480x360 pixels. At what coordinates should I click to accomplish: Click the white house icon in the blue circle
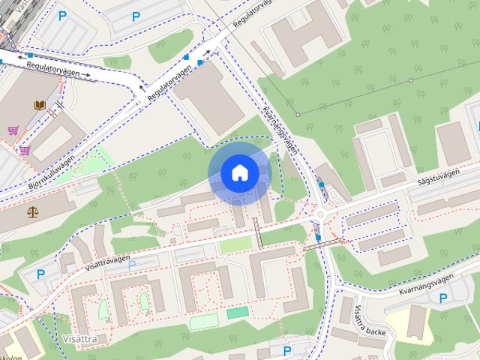click(239, 173)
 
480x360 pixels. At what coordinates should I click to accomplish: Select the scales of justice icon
click(32, 211)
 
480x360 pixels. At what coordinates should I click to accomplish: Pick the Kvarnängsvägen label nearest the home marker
click(281, 130)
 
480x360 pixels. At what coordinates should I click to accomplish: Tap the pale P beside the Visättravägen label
click(132, 265)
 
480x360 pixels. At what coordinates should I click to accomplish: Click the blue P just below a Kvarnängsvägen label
click(442, 298)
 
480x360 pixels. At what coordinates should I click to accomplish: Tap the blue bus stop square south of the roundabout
click(319, 238)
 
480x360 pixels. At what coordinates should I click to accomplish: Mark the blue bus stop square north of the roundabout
click(322, 184)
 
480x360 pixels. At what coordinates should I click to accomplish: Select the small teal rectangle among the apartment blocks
click(237, 311)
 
